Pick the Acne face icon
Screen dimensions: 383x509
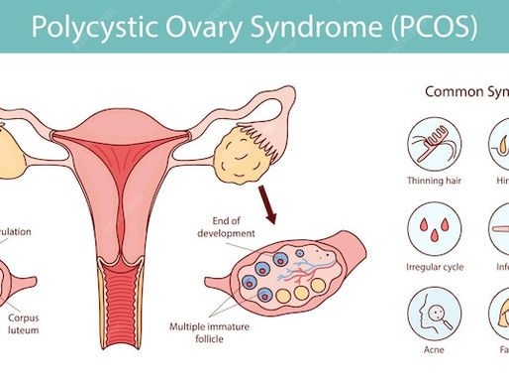pyautogui.click(x=432, y=319)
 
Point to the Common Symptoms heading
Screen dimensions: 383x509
pyautogui.click(x=465, y=91)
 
